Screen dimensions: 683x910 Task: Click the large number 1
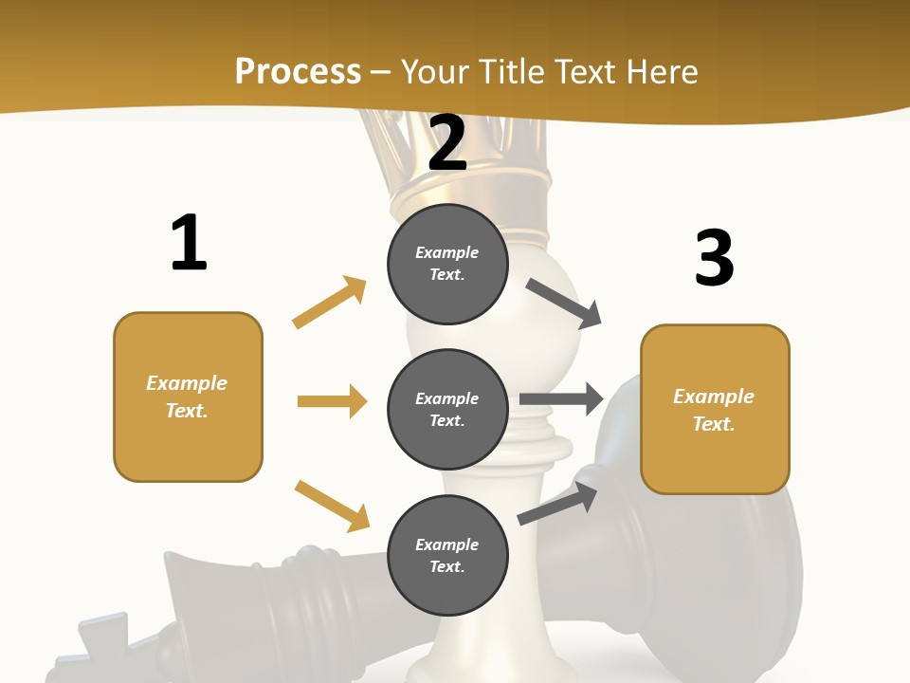[189, 243]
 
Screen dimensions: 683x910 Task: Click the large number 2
[447, 143]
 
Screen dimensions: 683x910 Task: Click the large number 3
[714, 258]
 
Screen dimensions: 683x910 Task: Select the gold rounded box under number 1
[188, 397]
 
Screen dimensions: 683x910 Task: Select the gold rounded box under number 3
[715, 410]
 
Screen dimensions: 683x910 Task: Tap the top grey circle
[447, 264]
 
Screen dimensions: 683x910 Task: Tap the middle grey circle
[447, 410]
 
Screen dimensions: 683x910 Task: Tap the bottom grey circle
[447, 556]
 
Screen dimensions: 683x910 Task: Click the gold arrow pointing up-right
[330, 302]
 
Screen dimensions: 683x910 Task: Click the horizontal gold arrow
[332, 401]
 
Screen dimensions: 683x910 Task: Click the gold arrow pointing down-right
[332, 506]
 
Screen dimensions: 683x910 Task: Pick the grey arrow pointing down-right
[564, 304]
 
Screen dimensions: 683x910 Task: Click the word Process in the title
[298, 71]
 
